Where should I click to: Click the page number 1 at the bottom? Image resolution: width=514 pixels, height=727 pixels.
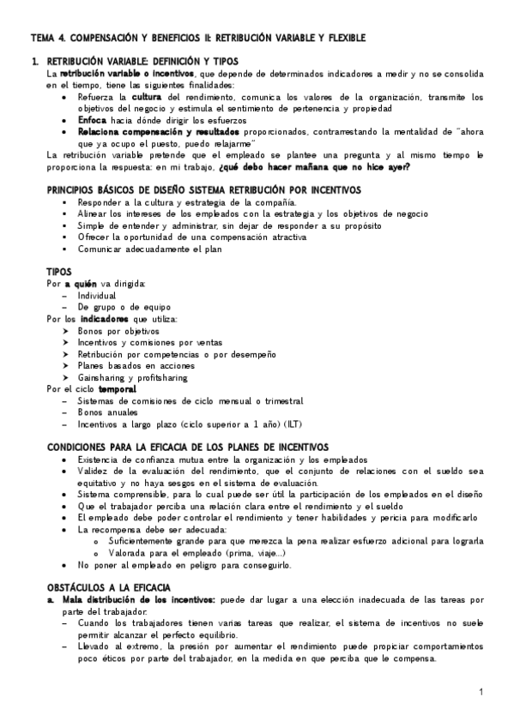[x=481, y=691]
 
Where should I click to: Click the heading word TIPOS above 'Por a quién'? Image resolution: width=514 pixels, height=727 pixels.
[x=60, y=271]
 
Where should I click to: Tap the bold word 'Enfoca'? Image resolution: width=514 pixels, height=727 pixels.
[x=93, y=121]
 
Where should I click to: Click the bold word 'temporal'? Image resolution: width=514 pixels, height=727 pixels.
[x=118, y=389]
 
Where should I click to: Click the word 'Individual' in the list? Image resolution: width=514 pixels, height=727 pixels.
[x=96, y=295]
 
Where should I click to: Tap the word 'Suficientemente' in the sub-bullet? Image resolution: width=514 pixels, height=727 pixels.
[x=143, y=541]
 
